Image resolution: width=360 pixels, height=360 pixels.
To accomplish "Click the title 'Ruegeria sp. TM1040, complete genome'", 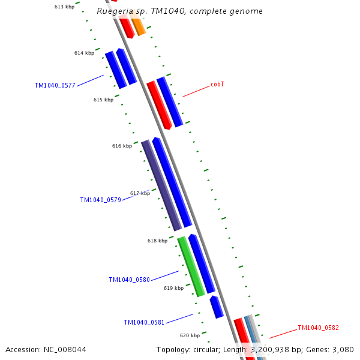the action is (179, 11).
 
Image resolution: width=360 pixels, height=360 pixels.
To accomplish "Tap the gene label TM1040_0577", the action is (55, 85).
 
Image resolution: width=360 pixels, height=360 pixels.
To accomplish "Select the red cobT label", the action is (217, 85).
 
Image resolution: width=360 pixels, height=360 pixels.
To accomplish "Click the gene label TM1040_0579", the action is (100, 200).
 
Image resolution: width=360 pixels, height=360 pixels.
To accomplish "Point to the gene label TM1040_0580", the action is (129, 280).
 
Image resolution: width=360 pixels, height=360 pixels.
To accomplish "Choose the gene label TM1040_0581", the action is (144, 322).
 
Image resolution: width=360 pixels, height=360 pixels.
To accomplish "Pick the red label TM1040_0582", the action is (318, 328).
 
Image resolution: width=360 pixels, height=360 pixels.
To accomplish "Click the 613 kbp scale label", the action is (64, 7).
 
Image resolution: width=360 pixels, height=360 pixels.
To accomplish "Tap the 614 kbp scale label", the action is (84, 53).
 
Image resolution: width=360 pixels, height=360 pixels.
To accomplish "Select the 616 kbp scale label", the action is (122, 146).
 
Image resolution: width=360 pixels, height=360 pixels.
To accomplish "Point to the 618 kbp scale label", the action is (157, 241).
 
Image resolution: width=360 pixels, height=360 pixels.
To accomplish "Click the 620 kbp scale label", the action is (190, 335).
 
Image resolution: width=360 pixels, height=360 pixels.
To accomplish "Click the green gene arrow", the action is (191, 266).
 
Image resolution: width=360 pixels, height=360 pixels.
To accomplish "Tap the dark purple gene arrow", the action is (161, 185).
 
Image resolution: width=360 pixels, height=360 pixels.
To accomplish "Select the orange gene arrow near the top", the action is (137, 26).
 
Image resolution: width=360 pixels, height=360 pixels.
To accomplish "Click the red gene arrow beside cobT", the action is (160, 105).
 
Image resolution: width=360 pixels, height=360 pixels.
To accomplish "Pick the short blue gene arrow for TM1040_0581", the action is (216, 307).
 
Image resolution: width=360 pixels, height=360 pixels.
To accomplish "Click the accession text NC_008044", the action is (46, 349).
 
